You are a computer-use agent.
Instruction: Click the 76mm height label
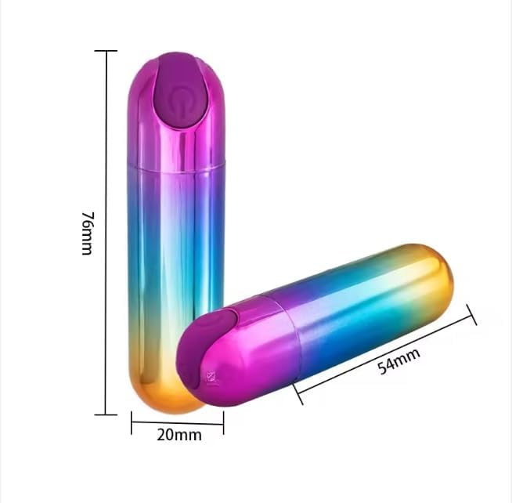(x=87, y=233)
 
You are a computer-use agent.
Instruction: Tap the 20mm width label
(x=179, y=435)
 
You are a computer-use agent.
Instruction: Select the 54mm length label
(x=398, y=361)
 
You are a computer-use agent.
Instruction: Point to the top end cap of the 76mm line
(x=106, y=51)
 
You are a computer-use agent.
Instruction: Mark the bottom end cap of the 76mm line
(x=106, y=414)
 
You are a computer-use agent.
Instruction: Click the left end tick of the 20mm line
(x=132, y=422)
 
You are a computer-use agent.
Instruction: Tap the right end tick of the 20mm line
(x=224, y=422)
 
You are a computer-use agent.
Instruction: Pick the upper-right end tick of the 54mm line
(x=472, y=315)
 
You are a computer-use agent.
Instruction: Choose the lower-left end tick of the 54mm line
(x=297, y=394)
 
